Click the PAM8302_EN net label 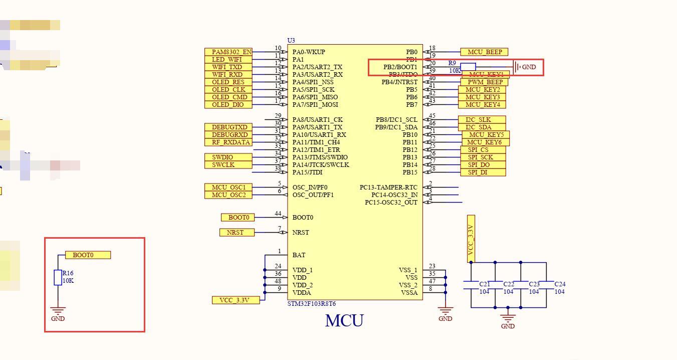[x=229, y=52]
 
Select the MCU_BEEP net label [x=485, y=52]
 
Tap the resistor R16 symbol [x=58, y=277]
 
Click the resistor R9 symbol [x=468, y=67]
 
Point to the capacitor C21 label [x=485, y=284]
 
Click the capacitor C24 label [x=560, y=284]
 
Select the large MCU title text [x=344, y=321]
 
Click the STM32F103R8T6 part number [x=312, y=304]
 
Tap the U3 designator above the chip [x=291, y=40]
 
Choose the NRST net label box [x=237, y=233]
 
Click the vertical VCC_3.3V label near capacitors [x=471, y=239]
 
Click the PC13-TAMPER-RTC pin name [x=388, y=188]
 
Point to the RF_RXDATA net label [x=231, y=142]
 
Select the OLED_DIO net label [x=228, y=105]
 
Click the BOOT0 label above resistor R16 [x=88, y=255]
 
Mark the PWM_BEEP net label [x=485, y=82]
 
